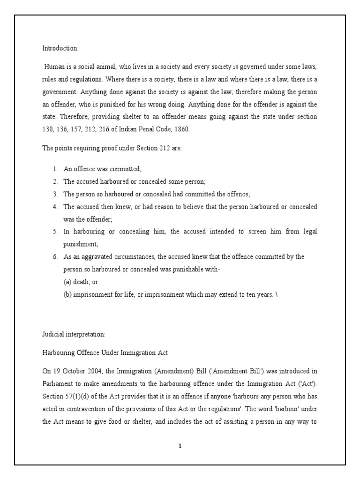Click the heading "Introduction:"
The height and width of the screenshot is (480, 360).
click(60, 48)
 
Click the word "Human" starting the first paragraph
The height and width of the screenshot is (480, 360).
click(53, 67)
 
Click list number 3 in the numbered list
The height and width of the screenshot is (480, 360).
click(55, 194)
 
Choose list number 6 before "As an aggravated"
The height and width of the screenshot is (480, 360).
click(55, 257)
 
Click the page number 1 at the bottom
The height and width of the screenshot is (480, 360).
click(180, 446)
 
